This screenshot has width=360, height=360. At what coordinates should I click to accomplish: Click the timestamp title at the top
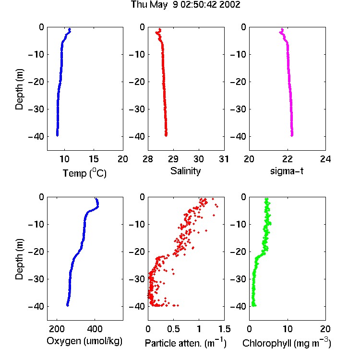[x=185, y=5]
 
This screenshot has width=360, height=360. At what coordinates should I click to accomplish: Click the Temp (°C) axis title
[x=84, y=173]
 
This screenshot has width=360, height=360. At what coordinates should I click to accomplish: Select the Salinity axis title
[x=185, y=171]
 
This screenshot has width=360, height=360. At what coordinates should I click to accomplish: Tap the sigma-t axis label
[x=287, y=171]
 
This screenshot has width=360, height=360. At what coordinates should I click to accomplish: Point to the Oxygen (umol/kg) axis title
[x=84, y=341]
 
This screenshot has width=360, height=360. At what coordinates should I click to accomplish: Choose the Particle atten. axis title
[x=185, y=343]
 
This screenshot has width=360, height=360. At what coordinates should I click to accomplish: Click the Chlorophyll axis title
[x=287, y=343]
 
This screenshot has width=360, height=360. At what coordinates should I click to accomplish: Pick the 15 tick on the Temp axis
[x=94, y=159]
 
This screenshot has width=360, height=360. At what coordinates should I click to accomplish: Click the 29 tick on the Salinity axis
[x=173, y=159]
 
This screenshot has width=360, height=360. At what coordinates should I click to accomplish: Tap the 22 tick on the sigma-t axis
[x=287, y=159]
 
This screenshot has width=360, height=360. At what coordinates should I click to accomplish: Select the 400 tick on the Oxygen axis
[x=95, y=329]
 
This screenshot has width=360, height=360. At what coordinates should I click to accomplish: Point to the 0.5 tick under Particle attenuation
[x=173, y=329]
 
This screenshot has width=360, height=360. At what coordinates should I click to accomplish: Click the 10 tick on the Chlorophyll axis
[x=287, y=329]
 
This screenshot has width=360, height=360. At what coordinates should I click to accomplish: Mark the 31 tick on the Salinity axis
[x=224, y=159]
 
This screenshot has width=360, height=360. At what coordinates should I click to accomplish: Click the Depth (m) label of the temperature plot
[x=19, y=89]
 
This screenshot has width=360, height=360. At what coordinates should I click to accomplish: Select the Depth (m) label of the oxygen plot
[x=19, y=259]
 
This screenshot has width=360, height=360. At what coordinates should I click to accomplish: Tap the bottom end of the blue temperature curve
[x=58, y=135]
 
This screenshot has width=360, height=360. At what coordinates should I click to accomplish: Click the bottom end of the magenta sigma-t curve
[x=292, y=135]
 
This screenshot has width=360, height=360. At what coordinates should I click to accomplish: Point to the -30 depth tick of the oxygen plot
[x=37, y=279]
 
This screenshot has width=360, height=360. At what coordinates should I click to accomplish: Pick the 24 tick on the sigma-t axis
[x=325, y=159]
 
